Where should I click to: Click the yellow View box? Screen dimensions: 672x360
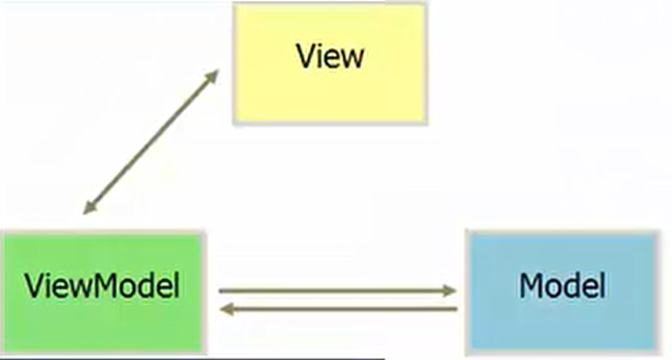pyautogui.click(x=330, y=64)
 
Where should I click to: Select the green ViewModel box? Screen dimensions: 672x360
pyautogui.click(x=103, y=294)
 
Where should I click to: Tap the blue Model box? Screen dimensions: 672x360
pyautogui.click(x=563, y=293)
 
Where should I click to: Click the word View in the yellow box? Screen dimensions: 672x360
pyautogui.click(x=330, y=56)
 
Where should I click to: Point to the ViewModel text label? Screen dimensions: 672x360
pyautogui.click(x=102, y=285)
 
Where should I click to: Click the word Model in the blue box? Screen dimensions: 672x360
pyautogui.click(x=562, y=285)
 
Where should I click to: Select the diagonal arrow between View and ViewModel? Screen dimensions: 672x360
pyautogui.click(x=151, y=141)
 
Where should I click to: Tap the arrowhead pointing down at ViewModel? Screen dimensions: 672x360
pyautogui.click(x=90, y=207)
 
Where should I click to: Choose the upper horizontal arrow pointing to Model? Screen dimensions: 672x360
pyautogui.click(x=337, y=291)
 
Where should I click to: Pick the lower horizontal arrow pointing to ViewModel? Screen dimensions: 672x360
pyautogui.click(x=338, y=309)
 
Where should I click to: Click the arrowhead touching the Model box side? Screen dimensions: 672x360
pyautogui.click(x=450, y=291)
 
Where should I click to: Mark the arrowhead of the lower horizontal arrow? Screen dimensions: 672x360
pyautogui.click(x=227, y=309)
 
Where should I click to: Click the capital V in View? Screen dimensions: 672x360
pyautogui.click(x=307, y=56)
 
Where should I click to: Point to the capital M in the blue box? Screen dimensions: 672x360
pyautogui.click(x=532, y=286)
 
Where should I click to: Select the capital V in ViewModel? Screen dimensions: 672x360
pyautogui.click(x=35, y=286)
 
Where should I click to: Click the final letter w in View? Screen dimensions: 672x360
pyautogui.click(x=352, y=60)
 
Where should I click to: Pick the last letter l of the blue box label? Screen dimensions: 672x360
pyautogui.click(x=603, y=285)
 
